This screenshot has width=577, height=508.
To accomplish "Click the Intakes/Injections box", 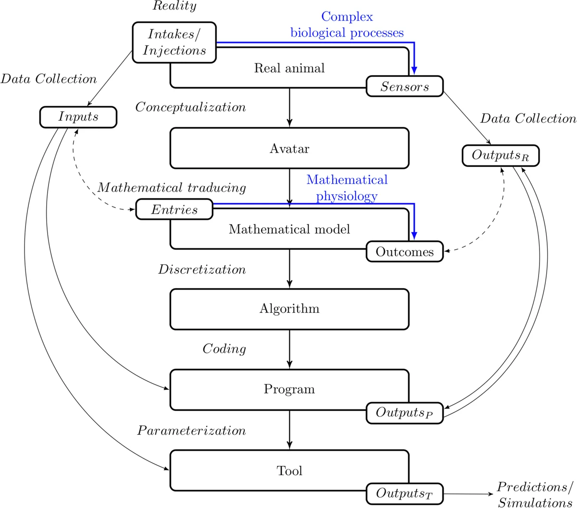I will pos(174,42).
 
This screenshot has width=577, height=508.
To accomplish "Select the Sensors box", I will pos(404,87).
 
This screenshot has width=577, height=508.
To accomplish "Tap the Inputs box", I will pos(78,117).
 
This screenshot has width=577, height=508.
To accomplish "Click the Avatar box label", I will pos(289,149).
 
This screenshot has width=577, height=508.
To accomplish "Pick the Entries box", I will pos(174,210).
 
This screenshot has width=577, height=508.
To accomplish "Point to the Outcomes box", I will pos(404,252).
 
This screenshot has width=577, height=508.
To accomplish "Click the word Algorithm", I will pos(289,308).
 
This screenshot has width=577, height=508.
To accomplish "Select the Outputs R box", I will pos(501,155).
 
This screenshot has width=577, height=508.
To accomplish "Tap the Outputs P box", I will pos(404,413).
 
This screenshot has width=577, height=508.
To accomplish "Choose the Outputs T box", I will pos(404,494).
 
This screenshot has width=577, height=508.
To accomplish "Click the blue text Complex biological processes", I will pos(347,25).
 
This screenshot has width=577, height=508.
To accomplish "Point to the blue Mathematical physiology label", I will pos(347,188).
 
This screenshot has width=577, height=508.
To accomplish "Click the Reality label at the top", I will pos(174,6).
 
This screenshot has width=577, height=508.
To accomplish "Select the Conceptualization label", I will pos(190,107).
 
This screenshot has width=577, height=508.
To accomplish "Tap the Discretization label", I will pos(202,269).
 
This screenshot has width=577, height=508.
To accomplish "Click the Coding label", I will pos(224,349).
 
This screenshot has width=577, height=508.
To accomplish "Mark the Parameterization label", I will pos(191,431).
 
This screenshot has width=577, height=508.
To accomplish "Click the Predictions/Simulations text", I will pos(535,495).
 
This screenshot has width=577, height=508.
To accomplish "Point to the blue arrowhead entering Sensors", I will pos(414,70).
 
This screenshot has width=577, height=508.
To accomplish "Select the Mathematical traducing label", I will pos(172,188).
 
